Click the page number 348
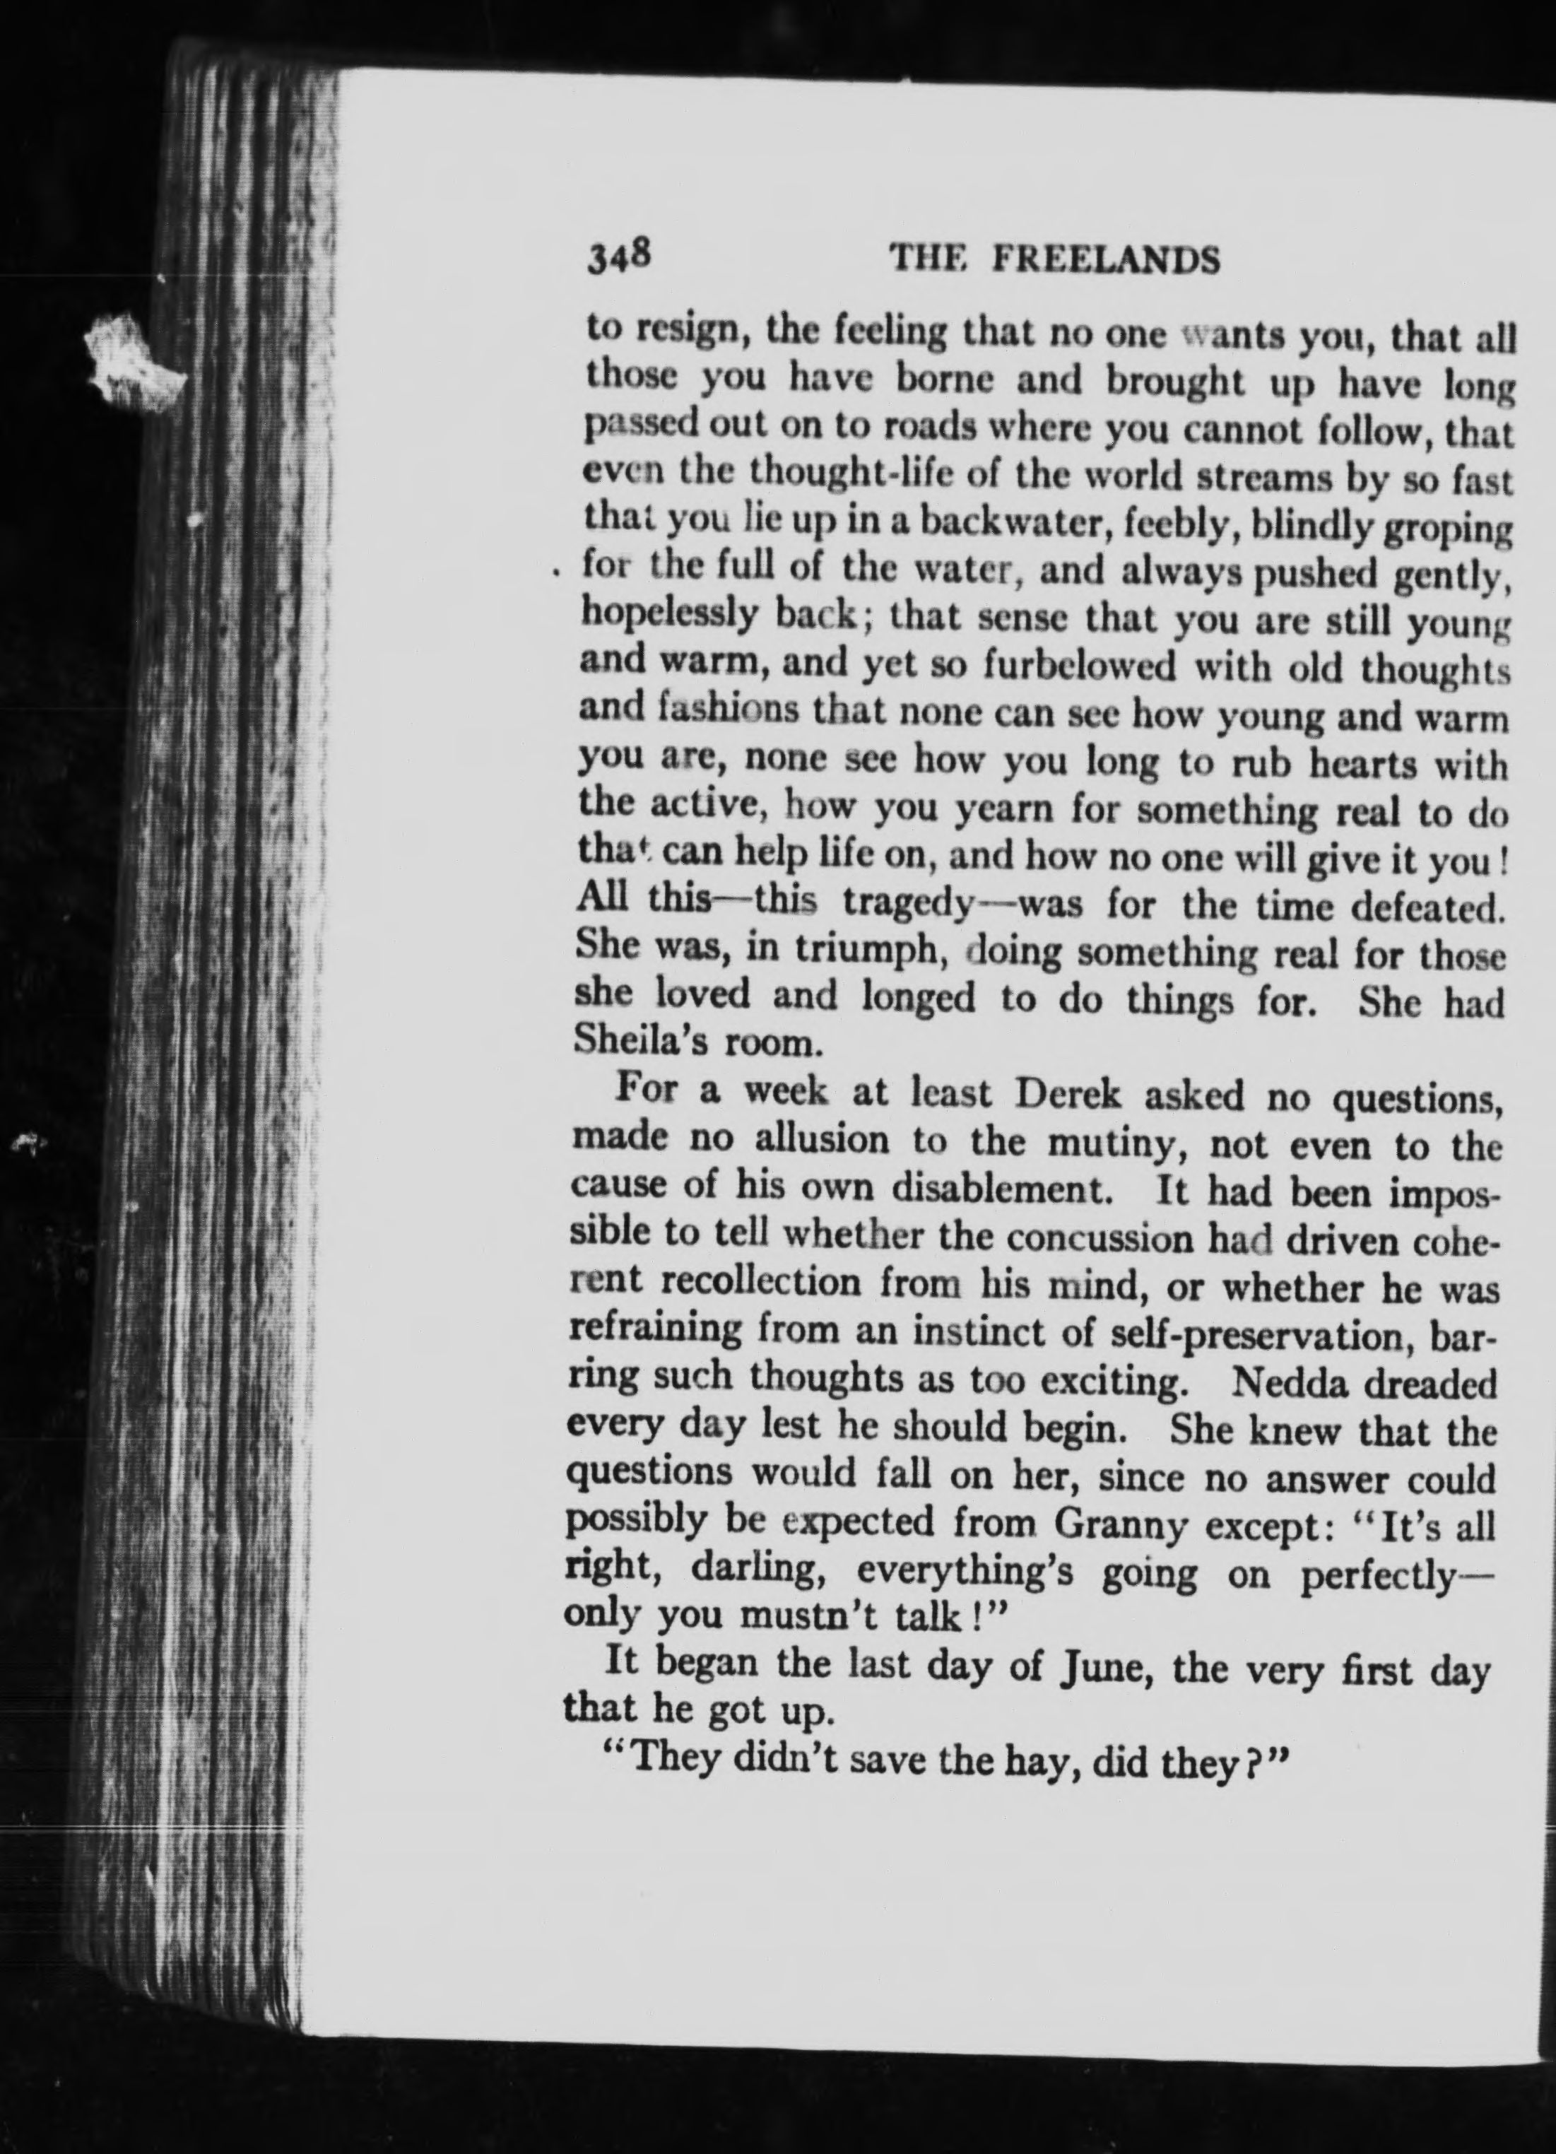618,257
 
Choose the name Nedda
1289,1382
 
